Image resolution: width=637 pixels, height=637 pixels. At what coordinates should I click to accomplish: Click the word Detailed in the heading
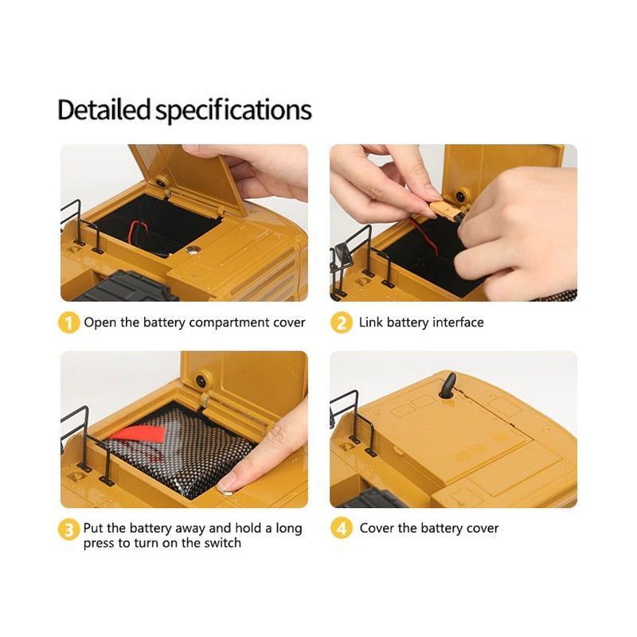(x=104, y=110)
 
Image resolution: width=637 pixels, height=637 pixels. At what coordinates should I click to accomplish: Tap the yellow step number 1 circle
(x=68, y=323)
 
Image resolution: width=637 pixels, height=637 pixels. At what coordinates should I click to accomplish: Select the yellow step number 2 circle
(x=342, y=323)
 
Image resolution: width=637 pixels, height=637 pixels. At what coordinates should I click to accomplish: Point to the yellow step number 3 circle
(x=68, y=530)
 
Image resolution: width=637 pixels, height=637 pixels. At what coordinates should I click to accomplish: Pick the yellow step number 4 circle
(x=342, y=529)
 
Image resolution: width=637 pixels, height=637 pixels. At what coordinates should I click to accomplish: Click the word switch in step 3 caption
(x=222, y=543)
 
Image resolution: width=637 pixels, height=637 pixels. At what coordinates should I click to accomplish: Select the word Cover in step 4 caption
(x=377, y=528)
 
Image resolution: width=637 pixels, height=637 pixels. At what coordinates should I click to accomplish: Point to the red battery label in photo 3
(x=138, y=434)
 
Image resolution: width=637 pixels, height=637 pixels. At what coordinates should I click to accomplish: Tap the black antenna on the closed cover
(x=448, y=386)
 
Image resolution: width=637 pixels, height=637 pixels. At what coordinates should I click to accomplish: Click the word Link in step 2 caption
(x=370, y=322)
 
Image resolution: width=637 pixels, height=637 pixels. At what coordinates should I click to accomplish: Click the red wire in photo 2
(x=424, y=236)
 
